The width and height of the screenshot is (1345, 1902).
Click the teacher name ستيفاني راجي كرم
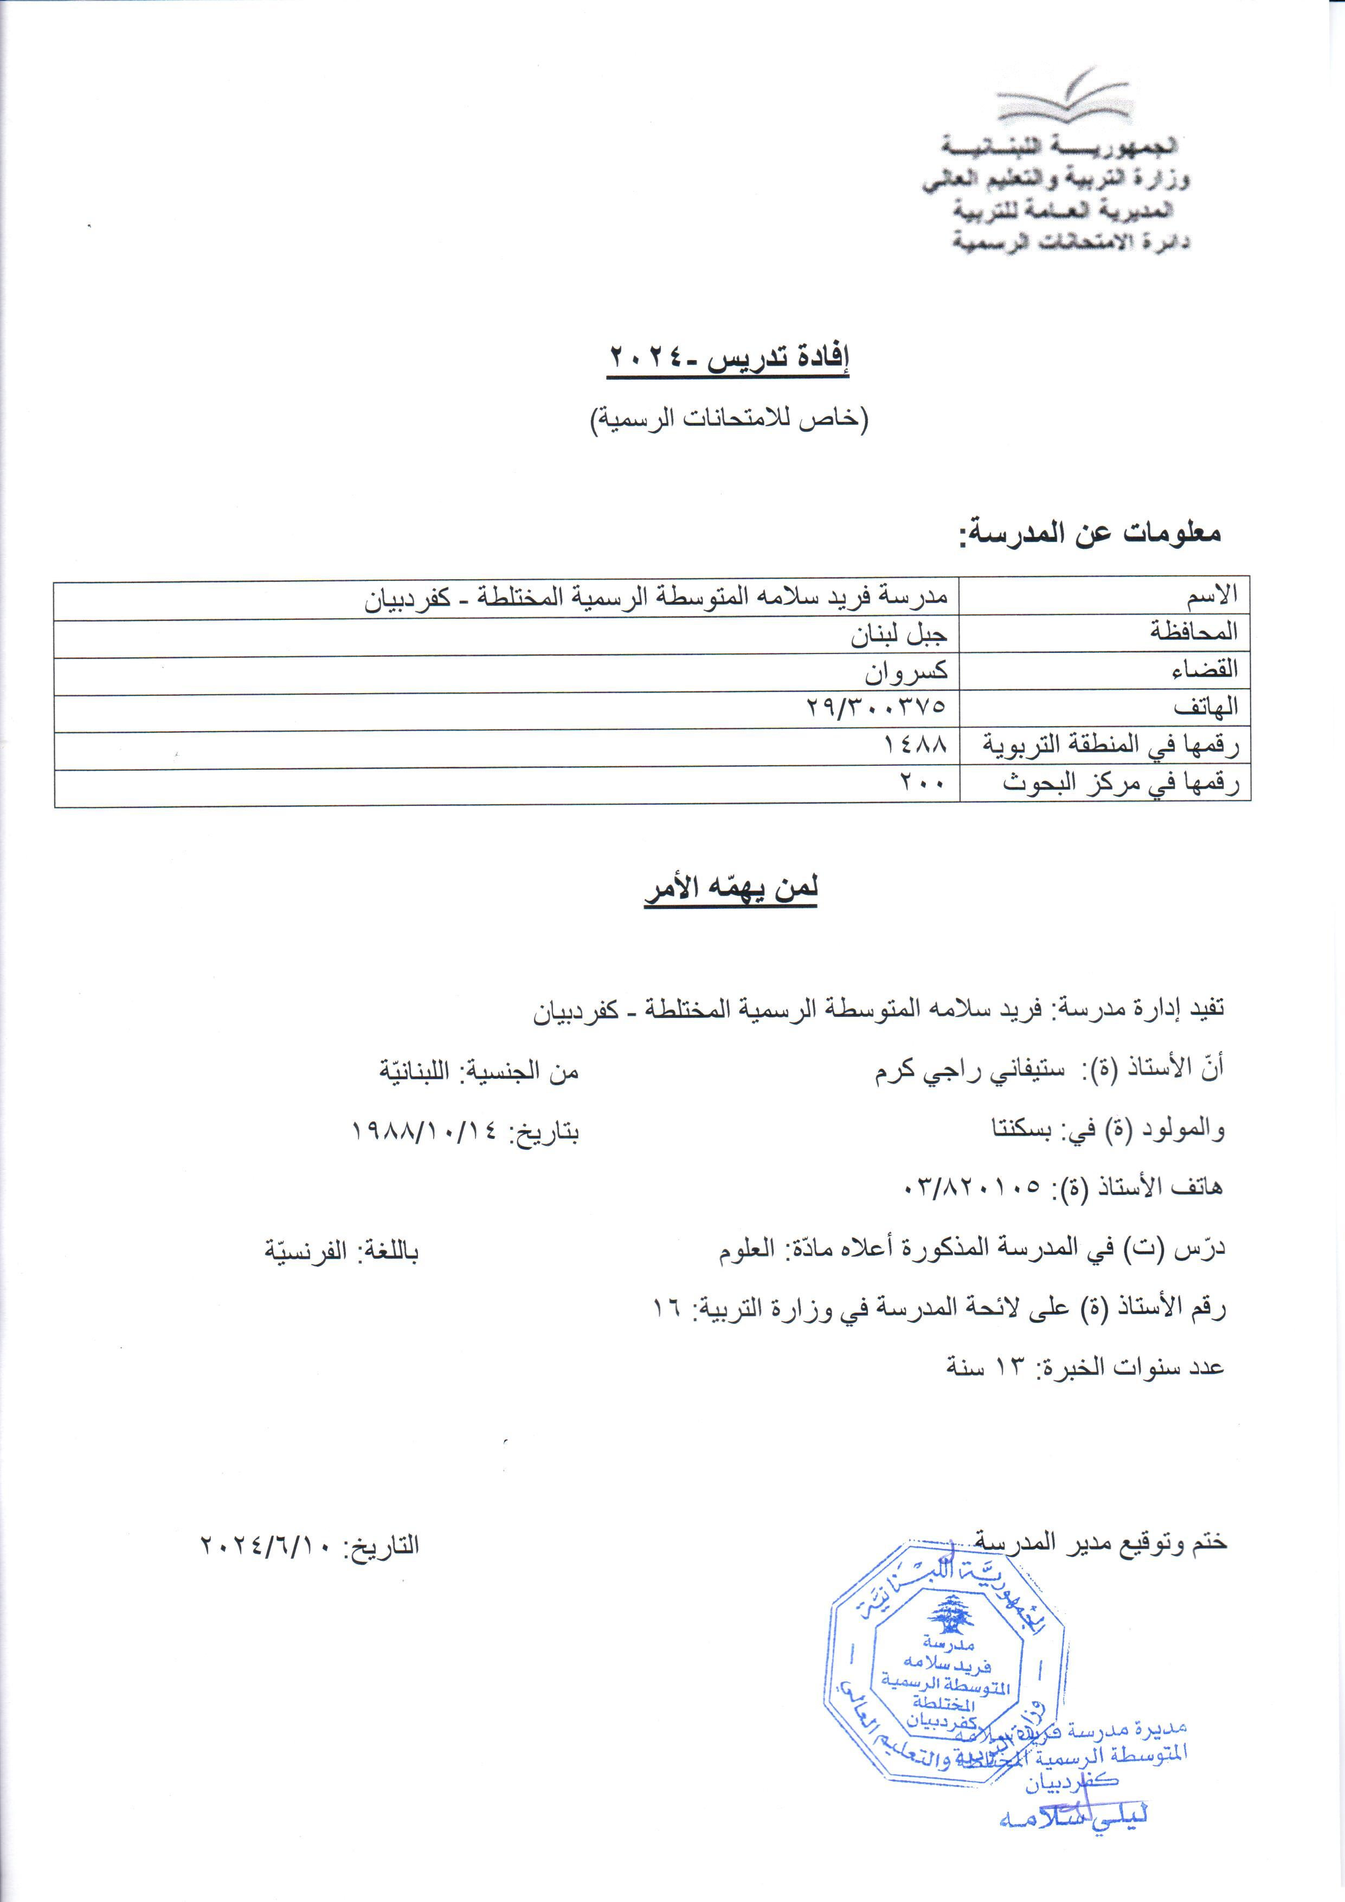coord(958,1070)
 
